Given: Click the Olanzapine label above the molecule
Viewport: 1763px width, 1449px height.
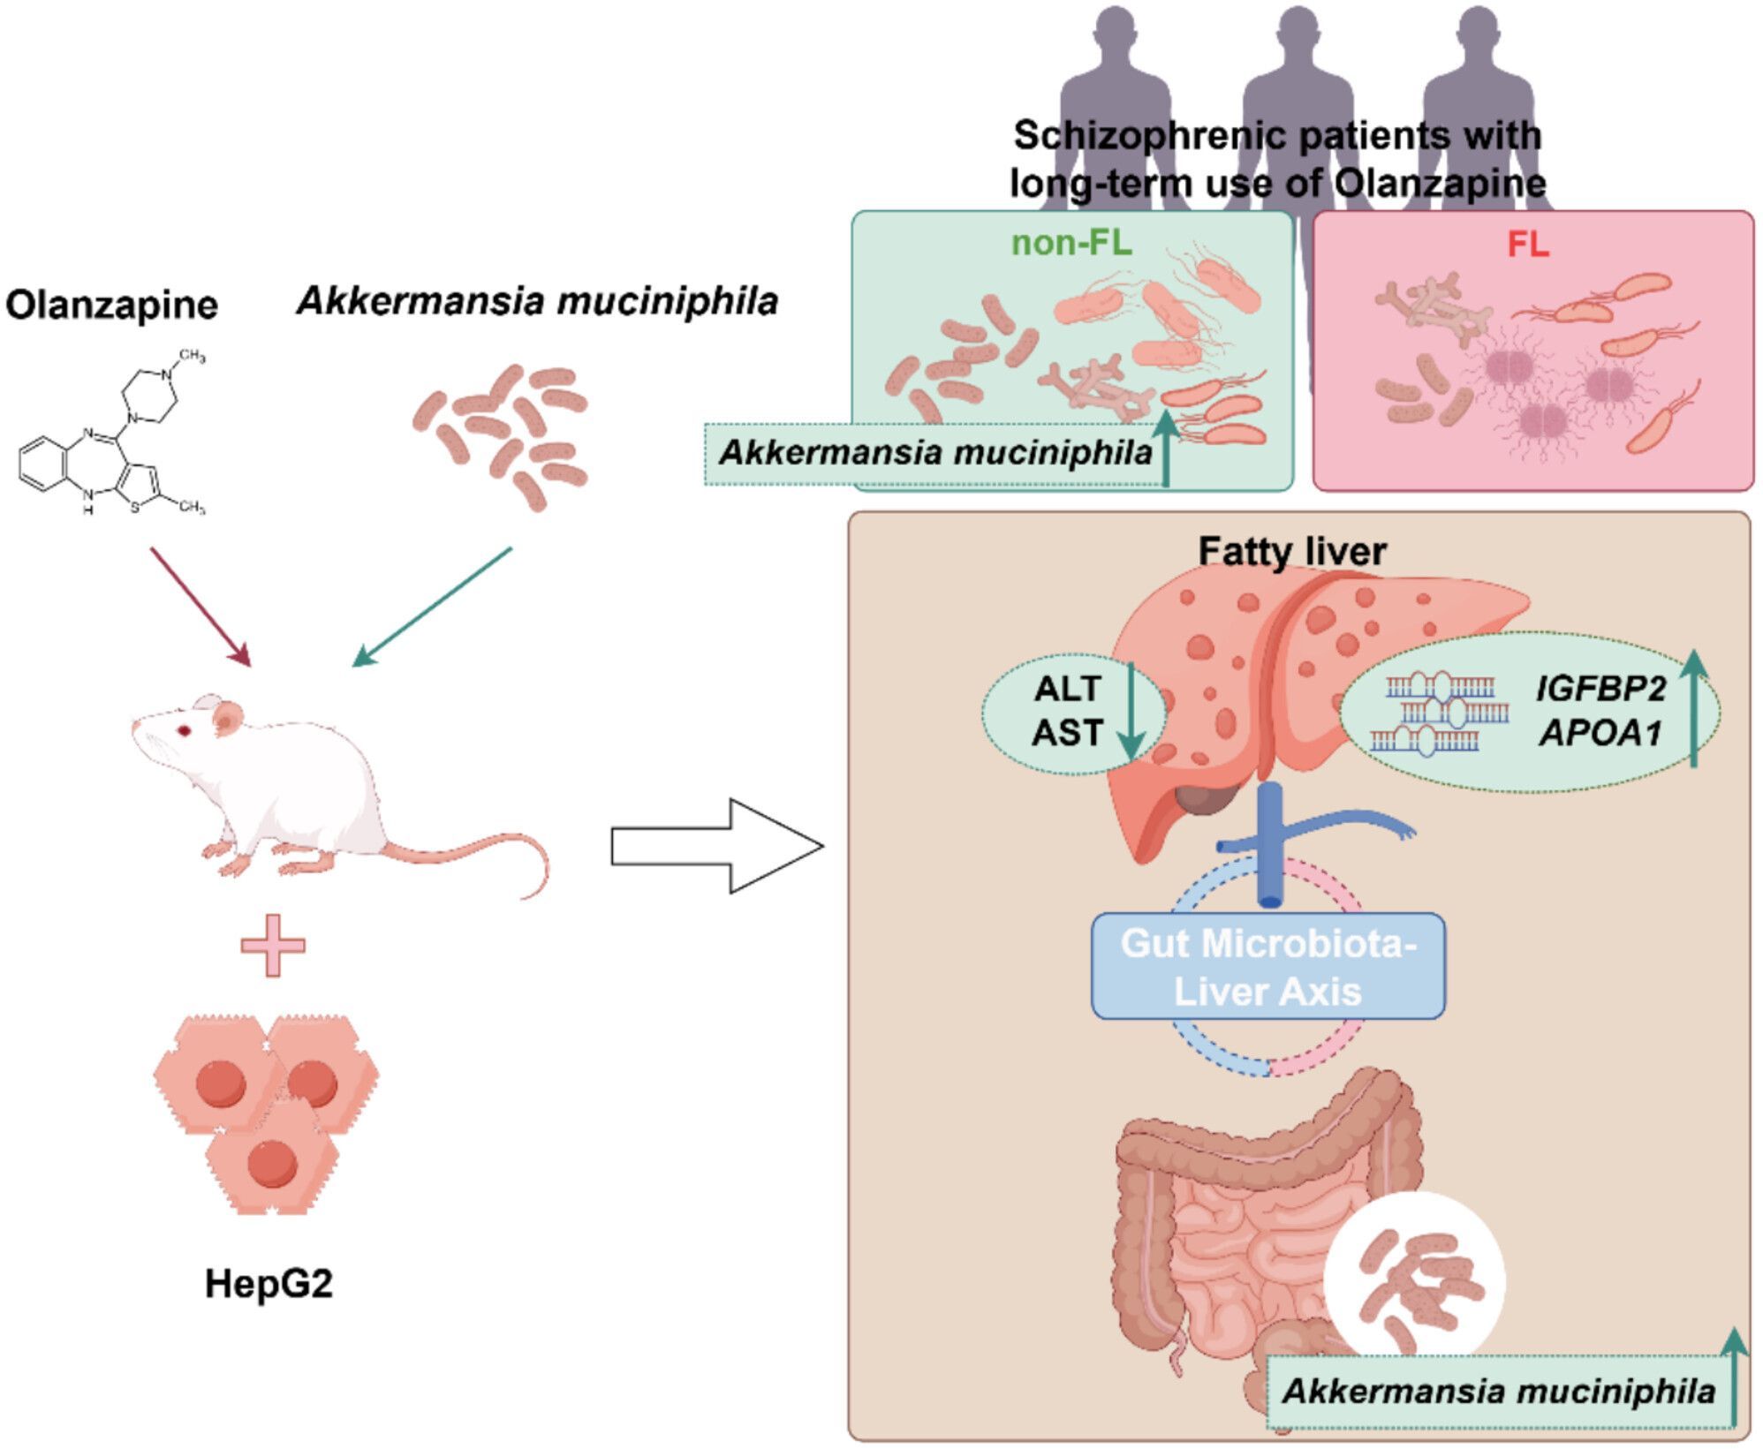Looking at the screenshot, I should coord(111,306).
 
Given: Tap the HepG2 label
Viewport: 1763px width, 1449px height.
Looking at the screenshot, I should coord(269,1283).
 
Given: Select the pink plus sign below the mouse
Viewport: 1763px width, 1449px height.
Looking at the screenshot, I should coord(273,946).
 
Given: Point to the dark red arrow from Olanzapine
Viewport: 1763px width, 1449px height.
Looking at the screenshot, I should coord(201,607).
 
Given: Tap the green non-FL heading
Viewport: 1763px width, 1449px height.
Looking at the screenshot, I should coord(1071,243).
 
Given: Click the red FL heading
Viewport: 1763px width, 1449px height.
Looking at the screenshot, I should coord(1528,245).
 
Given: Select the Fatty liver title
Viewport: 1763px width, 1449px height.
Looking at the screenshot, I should coord(1292,551).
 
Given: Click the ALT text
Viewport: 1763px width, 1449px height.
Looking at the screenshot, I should coord(1068,689).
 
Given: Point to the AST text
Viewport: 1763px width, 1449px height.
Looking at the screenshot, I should coord(1068,733).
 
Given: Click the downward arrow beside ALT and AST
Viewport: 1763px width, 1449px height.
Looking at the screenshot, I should coord(1130,711).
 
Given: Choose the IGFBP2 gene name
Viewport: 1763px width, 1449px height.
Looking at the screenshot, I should coord(1600,689).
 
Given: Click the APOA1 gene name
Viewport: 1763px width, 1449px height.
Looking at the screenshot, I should coord(1600,733).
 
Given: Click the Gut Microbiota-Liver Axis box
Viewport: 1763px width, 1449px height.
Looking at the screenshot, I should coord(1268,967).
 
